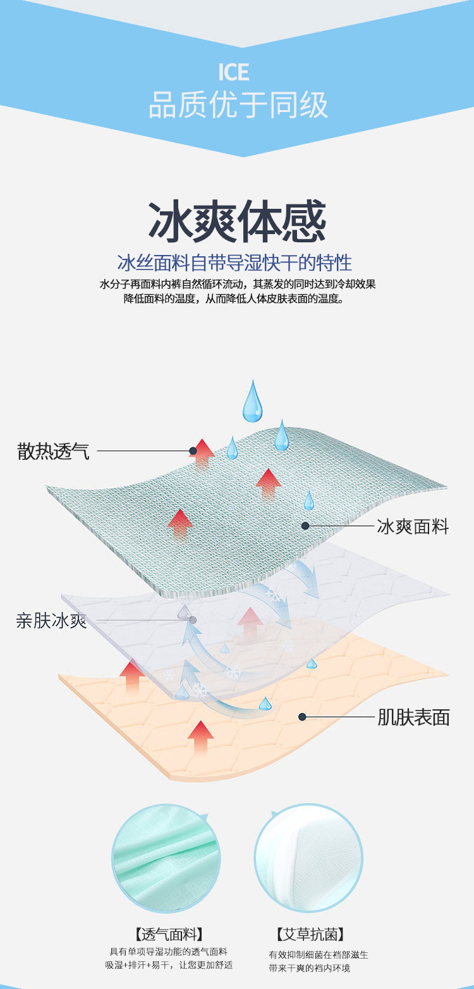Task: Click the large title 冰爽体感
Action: click(x=237, y=222)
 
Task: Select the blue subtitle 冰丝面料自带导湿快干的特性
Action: click(x=234, y=263)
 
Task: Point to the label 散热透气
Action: click(x=54, y=451)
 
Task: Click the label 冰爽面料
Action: click(x=413, y=526)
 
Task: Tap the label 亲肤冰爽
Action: click(x=51, y=621)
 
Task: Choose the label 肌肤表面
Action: click(x=413, y=717)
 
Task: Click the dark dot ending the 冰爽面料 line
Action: click(x=305, y=526)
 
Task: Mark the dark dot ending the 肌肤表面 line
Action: click(x=303, y=717)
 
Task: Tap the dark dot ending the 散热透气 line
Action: click(x=192, y=451)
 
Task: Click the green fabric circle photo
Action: click(x=166, y=857)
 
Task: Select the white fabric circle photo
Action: click(x=308, y=857)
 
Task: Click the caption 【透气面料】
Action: click(x=169, y=934)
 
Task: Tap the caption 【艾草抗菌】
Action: click(x=310, y=934)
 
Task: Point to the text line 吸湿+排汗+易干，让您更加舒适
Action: click(x=169, y=965)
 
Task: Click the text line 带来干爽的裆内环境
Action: click(x=310, y=968)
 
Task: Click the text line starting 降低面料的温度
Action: click(x=234, y=299)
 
